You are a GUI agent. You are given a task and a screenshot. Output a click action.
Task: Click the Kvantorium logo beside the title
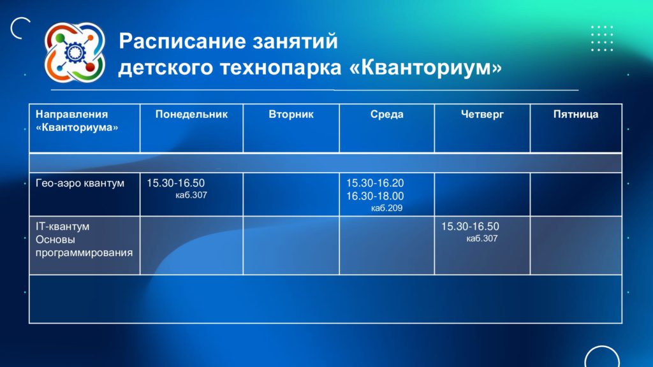(x=75, y=52)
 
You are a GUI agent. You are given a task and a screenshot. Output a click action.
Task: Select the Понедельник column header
(x=191, y=115)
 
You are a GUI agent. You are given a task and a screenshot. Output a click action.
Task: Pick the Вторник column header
(x=291, y=115)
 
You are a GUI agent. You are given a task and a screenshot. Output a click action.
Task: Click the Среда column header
(x=387, y=115)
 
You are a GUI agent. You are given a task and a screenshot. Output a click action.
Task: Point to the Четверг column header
(x=482, y=115)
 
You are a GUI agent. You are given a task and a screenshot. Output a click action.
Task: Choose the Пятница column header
(x=576, y=115)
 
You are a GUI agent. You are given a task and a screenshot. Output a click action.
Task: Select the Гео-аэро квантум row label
(x=80, y=183)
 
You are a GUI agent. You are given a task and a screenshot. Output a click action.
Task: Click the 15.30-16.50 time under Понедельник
(x=176, y=183)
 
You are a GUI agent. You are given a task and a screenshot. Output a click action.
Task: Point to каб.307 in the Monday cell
(x=191, y=195)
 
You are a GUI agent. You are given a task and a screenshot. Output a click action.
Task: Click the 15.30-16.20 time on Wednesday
(x=375, y=183)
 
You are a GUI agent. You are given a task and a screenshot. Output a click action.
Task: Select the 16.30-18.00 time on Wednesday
(x=375, y=196)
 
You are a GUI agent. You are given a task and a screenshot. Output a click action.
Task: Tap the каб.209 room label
(x=387, y=208)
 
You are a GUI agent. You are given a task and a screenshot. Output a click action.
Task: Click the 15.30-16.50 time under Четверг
(x=470, y=227)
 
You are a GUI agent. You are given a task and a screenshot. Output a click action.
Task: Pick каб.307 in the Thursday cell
(x=482, y=238)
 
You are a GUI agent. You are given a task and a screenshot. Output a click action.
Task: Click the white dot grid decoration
(x=602, y=38)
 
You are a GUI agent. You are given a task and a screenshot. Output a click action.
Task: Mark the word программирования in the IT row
(x=84, y=253)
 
